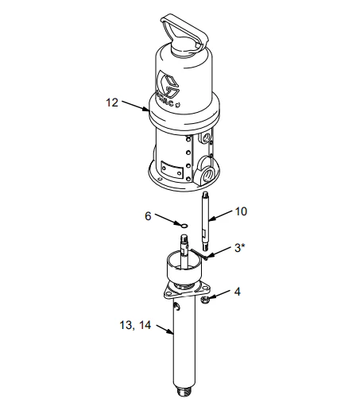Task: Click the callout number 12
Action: [112, 103]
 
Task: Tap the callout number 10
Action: [241, 211]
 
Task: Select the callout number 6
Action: [148, 216]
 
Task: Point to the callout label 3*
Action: [239, 248]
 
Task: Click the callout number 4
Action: [238, 292]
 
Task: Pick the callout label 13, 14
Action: [135, 325]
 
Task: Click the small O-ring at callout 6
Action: [184, 226]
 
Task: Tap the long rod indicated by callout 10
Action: [205, 221]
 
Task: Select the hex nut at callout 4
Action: [205, 300]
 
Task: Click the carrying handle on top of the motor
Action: [184, 32]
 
